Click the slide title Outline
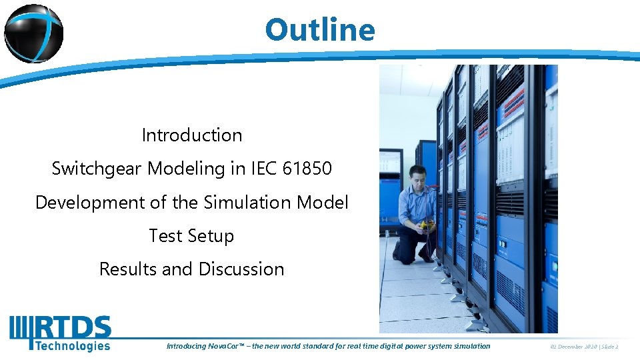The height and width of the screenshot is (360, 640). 320,30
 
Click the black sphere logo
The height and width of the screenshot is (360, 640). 33,33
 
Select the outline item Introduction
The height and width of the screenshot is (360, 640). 192,135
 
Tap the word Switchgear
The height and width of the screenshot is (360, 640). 97,169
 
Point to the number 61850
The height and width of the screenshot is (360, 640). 307,169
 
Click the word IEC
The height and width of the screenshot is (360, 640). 263,169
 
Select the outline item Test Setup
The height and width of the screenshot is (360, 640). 192,236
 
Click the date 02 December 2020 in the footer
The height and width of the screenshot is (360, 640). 573,346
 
